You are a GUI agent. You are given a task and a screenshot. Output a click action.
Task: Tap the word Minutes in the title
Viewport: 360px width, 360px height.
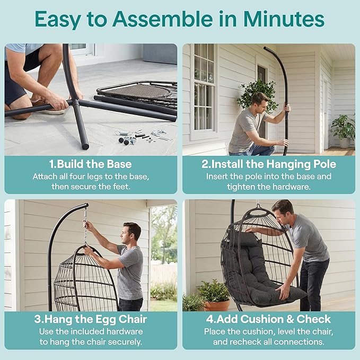click(284, 19)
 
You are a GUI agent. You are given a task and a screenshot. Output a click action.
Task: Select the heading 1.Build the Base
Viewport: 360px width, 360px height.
click(91, 164)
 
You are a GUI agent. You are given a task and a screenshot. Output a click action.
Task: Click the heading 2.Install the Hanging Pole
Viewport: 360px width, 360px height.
click(269, 164)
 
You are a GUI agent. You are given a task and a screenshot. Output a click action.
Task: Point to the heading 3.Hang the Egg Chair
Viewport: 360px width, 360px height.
click(91, 319)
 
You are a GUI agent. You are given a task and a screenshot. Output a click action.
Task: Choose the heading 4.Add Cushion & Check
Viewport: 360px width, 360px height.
click(269, 319)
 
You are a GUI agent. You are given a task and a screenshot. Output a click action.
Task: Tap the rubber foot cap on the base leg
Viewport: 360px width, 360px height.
click(85, 147)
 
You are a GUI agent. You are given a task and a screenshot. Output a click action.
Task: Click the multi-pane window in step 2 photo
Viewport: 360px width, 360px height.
click(204, 87)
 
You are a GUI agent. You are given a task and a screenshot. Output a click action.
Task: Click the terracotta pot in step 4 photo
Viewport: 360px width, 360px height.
click(216, 305)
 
